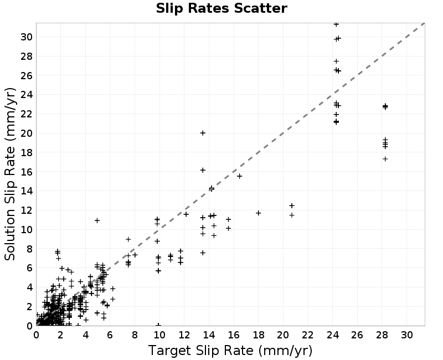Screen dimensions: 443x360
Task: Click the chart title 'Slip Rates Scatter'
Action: point(221,8)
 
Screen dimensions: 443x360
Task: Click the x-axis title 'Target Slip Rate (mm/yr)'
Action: point(230,351)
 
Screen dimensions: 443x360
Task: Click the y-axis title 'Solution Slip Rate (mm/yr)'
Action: point(10,174)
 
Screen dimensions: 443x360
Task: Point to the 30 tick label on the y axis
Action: point(26,37)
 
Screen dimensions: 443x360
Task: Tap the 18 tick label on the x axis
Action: point(258,335)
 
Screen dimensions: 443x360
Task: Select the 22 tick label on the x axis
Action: point(308,335)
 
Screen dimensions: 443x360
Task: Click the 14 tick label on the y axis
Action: point(26,191)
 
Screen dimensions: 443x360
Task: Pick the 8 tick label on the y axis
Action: point(29,249)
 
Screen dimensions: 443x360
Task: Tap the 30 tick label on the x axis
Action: point(406,335)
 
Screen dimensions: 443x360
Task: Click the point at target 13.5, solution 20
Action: point(203,133)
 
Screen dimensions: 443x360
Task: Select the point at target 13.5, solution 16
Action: point(203,170)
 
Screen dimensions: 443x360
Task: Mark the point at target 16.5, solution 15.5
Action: point(239,176)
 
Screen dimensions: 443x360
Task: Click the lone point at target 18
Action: point(258,213)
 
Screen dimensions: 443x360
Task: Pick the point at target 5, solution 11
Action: point(97,220)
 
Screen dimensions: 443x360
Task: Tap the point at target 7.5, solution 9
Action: point(128,239)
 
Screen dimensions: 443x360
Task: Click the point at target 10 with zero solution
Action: point(158,325)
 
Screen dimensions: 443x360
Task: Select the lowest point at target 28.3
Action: point(385,159)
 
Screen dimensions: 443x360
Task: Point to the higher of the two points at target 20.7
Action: point(292,205)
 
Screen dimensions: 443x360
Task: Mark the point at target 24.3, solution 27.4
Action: point(336,61)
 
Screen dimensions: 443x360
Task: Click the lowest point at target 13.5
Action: point(203,253)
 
